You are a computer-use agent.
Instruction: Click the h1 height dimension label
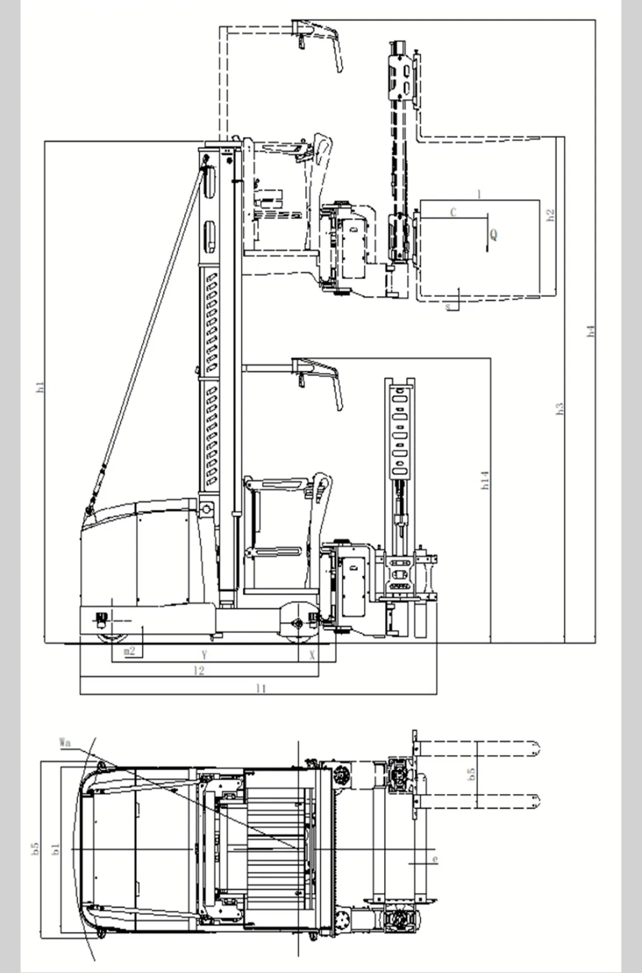[41, 388]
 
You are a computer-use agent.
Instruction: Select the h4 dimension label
[592, 331]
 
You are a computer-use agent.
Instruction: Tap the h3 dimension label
[560, 408]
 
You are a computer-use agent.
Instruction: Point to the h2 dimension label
[550, 215]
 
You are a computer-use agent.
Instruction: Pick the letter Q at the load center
[494, 235]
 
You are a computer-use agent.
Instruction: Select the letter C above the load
[453, 212]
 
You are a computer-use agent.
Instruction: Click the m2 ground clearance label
[129, 652]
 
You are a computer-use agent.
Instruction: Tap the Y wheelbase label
[205, 655]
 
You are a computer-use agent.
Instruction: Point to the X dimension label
[313, 655]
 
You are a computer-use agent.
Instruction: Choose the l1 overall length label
[261, 689]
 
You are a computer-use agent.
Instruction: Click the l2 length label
[199, 670]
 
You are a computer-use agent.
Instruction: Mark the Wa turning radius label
[65, 741]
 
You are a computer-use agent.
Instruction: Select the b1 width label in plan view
[56, 850]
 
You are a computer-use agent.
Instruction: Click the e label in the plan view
[435, 859]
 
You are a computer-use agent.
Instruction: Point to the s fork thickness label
[448, 307]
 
